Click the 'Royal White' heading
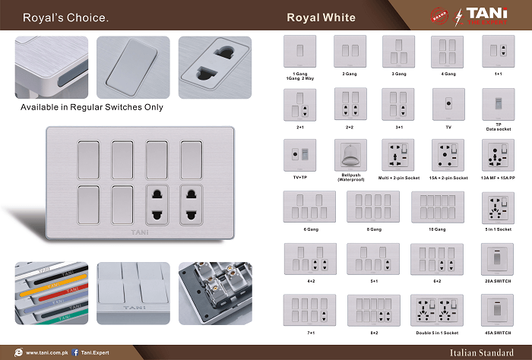coord(321,17)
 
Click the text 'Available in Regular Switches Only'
coord(92,107)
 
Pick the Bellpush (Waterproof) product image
coord(350,155)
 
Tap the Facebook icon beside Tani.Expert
coord(76,352)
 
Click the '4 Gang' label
coord(447,74)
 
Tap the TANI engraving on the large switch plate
coord(141,232)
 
